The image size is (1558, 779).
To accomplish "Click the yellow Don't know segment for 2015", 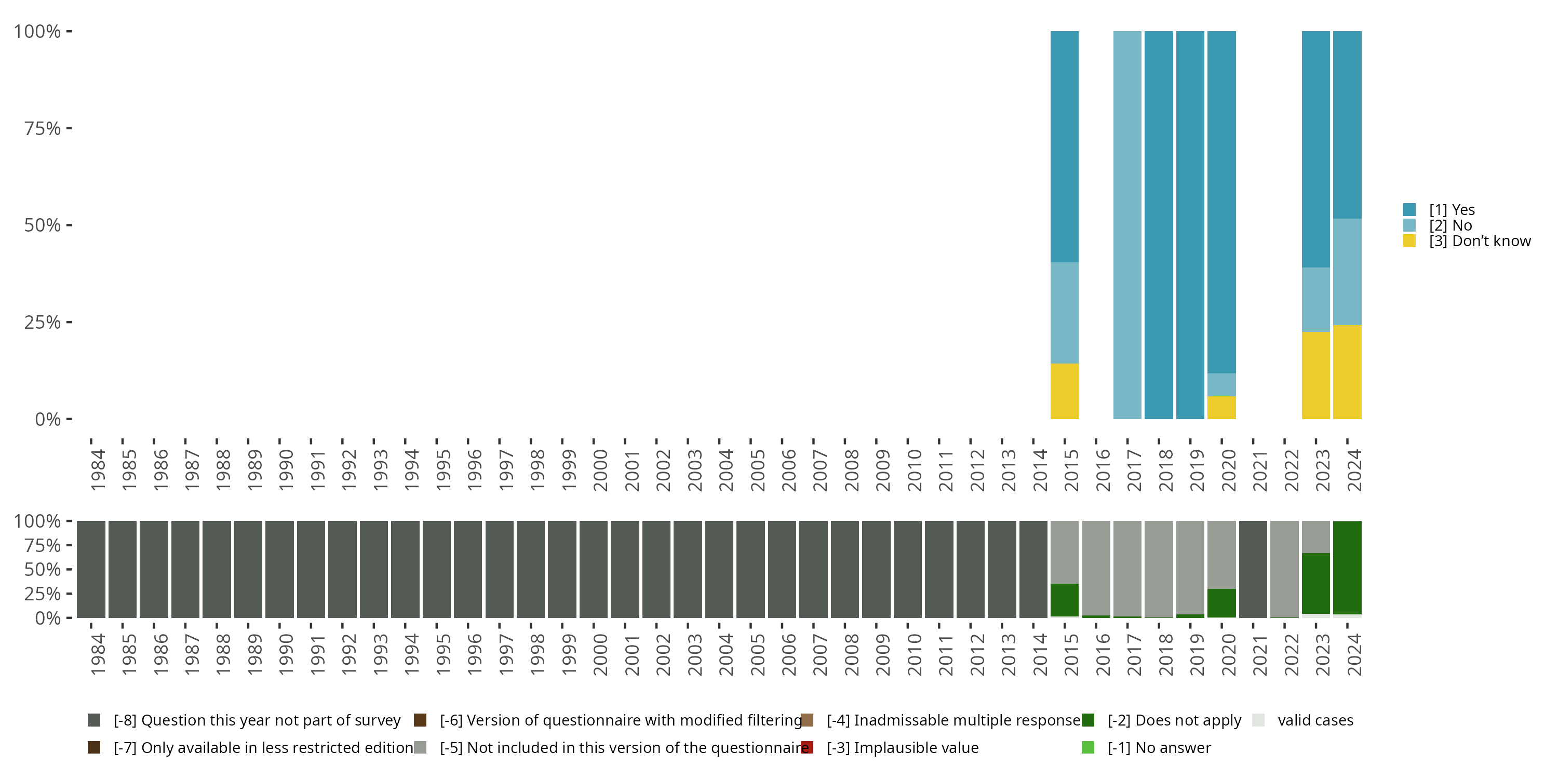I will [1065, 391].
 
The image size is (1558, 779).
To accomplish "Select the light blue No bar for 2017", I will [1127, 225].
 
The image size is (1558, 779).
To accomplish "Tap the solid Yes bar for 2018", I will [1159, 225].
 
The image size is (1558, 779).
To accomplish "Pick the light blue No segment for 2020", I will [1221, 385].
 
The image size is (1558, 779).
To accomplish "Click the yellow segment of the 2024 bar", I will [1348, 372].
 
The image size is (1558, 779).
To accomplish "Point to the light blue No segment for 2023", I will [1316, 299].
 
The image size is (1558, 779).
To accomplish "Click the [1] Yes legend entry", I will [1452, 210].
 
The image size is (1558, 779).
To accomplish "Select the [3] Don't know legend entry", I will [1479, 241].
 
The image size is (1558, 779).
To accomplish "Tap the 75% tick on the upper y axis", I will [43, 128].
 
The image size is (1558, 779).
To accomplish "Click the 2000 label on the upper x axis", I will [600, 470].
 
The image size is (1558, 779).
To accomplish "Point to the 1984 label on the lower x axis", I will [98, 654].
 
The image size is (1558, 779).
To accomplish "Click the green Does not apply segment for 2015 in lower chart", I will [1065, 600].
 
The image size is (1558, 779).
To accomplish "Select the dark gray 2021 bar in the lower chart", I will [1253, 569].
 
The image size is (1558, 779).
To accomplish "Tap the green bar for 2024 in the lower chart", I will [1348, 567].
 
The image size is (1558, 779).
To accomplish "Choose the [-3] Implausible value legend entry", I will [902, 747].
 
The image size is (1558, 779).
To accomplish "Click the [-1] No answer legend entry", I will [1159, 747].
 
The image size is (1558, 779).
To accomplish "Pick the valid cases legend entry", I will [1315, 720].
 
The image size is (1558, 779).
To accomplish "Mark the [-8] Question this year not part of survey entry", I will [257, 720].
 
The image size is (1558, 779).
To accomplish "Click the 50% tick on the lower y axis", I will [43, 569].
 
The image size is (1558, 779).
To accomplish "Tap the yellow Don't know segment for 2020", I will [1221, 408].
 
